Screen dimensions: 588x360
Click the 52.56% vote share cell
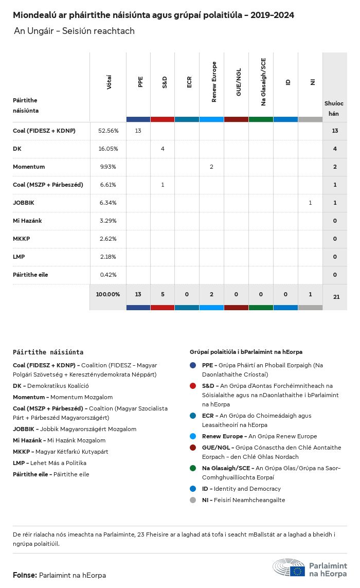coord(108,131)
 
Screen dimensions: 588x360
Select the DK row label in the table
coord(17,149)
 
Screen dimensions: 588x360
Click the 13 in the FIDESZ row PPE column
coord(138,131)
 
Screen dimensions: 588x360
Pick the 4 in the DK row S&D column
coord(163,149)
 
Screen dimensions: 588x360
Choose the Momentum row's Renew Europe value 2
coord(211,167)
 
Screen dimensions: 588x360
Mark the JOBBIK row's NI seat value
coord(310,203)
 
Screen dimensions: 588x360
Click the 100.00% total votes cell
coord(108,295)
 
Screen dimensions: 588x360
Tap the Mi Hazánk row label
coord(27,221)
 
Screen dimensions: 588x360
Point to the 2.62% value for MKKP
coord(108,239)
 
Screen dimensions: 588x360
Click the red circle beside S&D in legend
coord(193,386)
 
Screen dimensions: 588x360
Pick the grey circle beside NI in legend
coord(193,500)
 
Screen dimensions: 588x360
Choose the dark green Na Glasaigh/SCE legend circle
coord(193,468)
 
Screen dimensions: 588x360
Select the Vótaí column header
coord(109,82)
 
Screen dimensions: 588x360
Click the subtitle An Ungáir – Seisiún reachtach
coord(74,31)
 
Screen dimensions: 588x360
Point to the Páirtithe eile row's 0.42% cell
coord(108,275)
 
